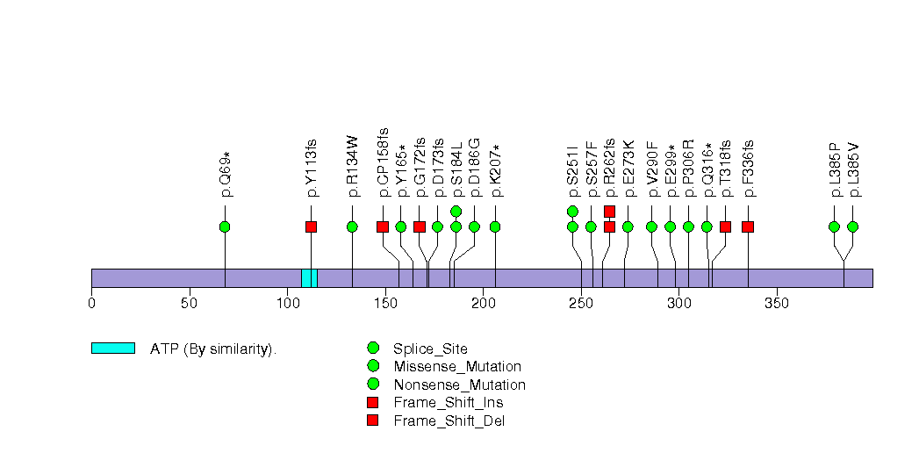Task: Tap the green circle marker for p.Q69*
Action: (x=225, y=226)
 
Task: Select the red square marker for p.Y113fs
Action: (x=311, y=226)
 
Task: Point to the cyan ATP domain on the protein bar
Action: (x=309, y=277)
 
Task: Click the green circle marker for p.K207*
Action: (x=495, y=226)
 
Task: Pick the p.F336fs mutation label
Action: (x=748, y=168)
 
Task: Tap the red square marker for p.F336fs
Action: (x=748, y=226)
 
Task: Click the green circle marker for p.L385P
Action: (x=834, y=226)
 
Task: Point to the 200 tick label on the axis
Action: (x=483, y=304)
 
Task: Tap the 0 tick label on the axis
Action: (x=91, y=304)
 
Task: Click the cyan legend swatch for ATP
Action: (x=112, y=349)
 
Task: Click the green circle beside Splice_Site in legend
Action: (x=373, y=349)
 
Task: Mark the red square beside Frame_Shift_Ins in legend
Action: (x=373, y=402)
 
